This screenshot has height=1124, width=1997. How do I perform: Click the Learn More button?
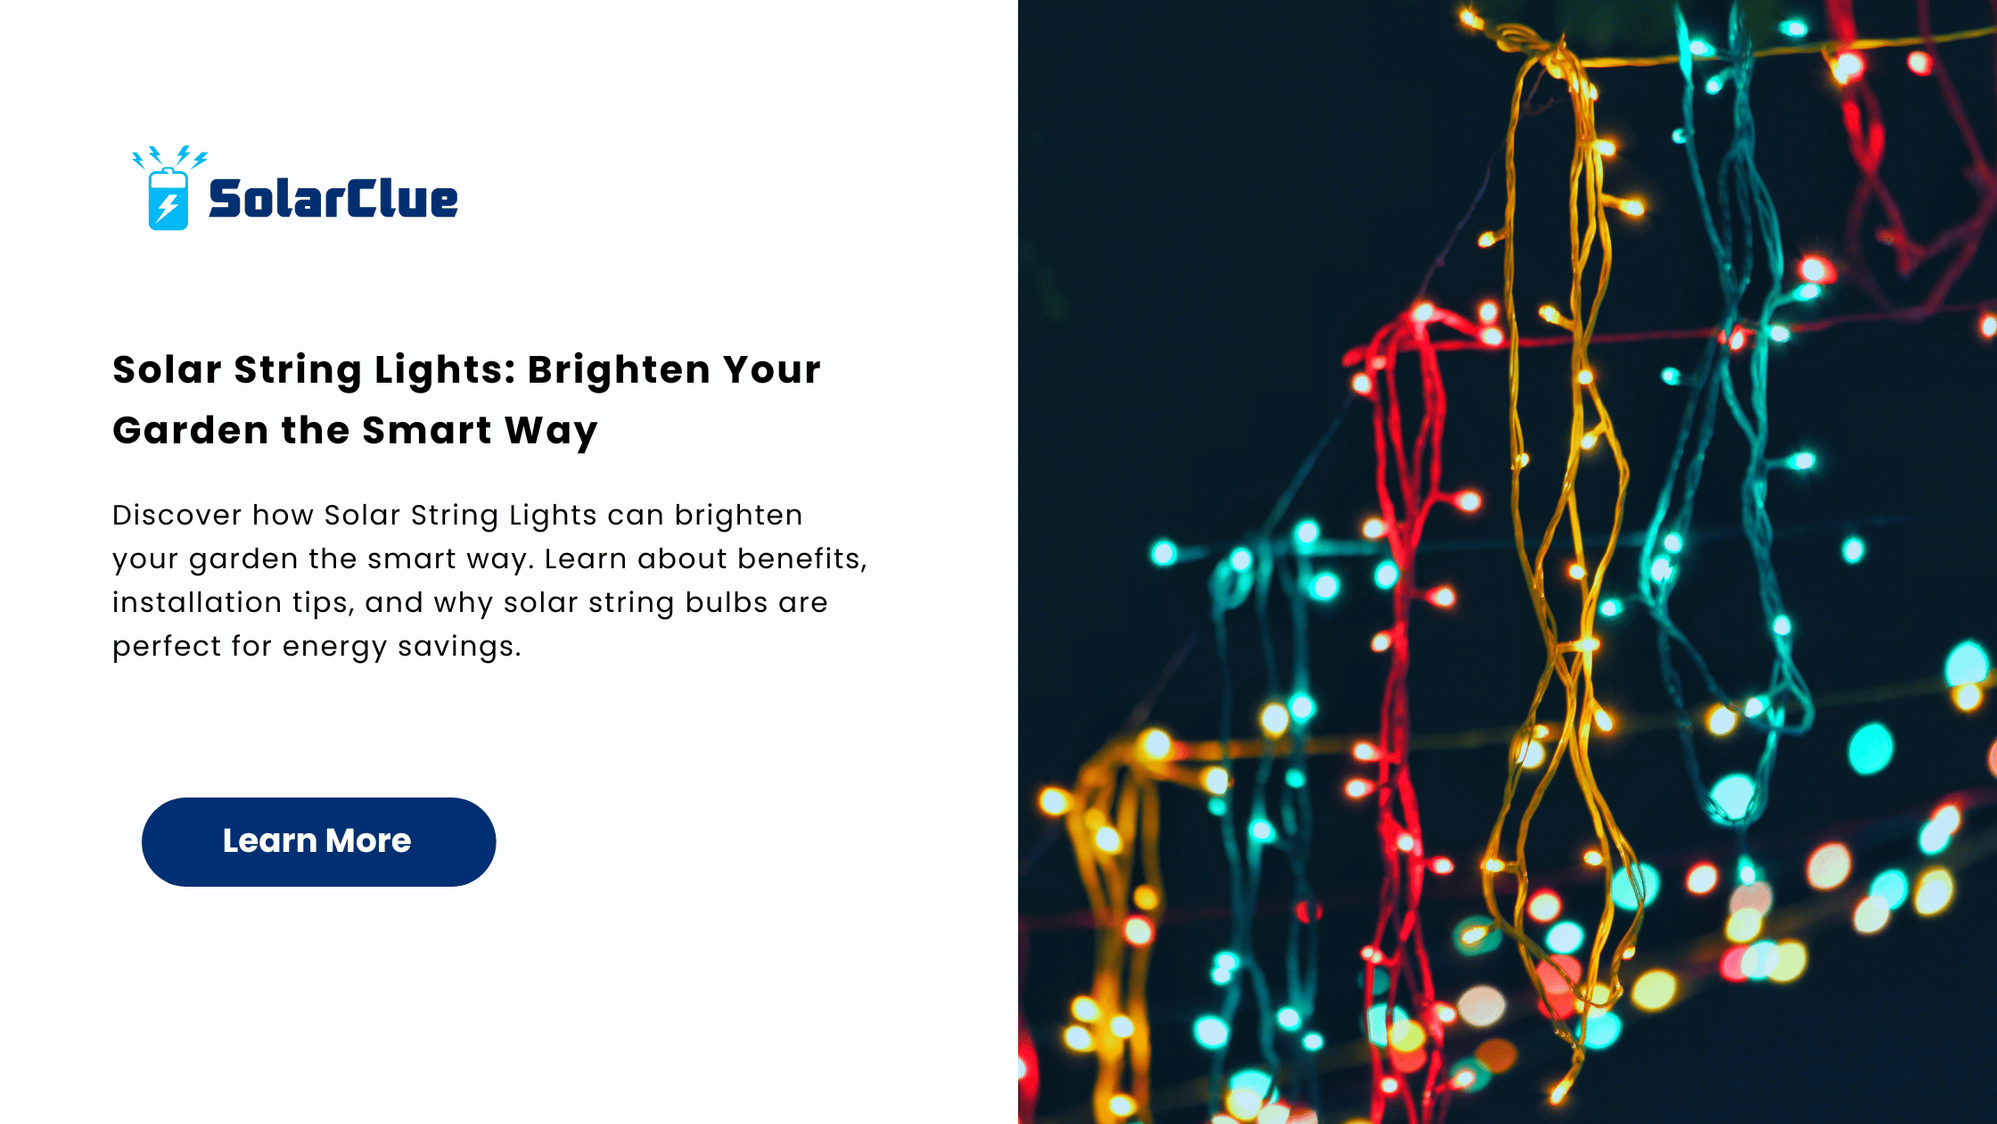(x=318, y=841)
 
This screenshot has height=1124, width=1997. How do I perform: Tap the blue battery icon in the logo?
(x=168, y=199)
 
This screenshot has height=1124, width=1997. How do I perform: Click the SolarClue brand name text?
(x=333, y=199)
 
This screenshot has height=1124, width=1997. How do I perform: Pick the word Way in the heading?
(x=551, y=433)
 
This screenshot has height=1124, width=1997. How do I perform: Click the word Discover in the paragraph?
(x=177, y=515)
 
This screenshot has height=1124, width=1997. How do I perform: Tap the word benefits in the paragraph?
(x=802, y=559)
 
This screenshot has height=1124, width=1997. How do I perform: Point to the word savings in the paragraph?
(x=459, y=648)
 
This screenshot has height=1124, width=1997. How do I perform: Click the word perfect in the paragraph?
(x=168, y=648)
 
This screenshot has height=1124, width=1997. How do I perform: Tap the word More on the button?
(x=368, y=840)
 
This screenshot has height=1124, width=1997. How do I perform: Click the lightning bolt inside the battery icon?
(x=167, y=208)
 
